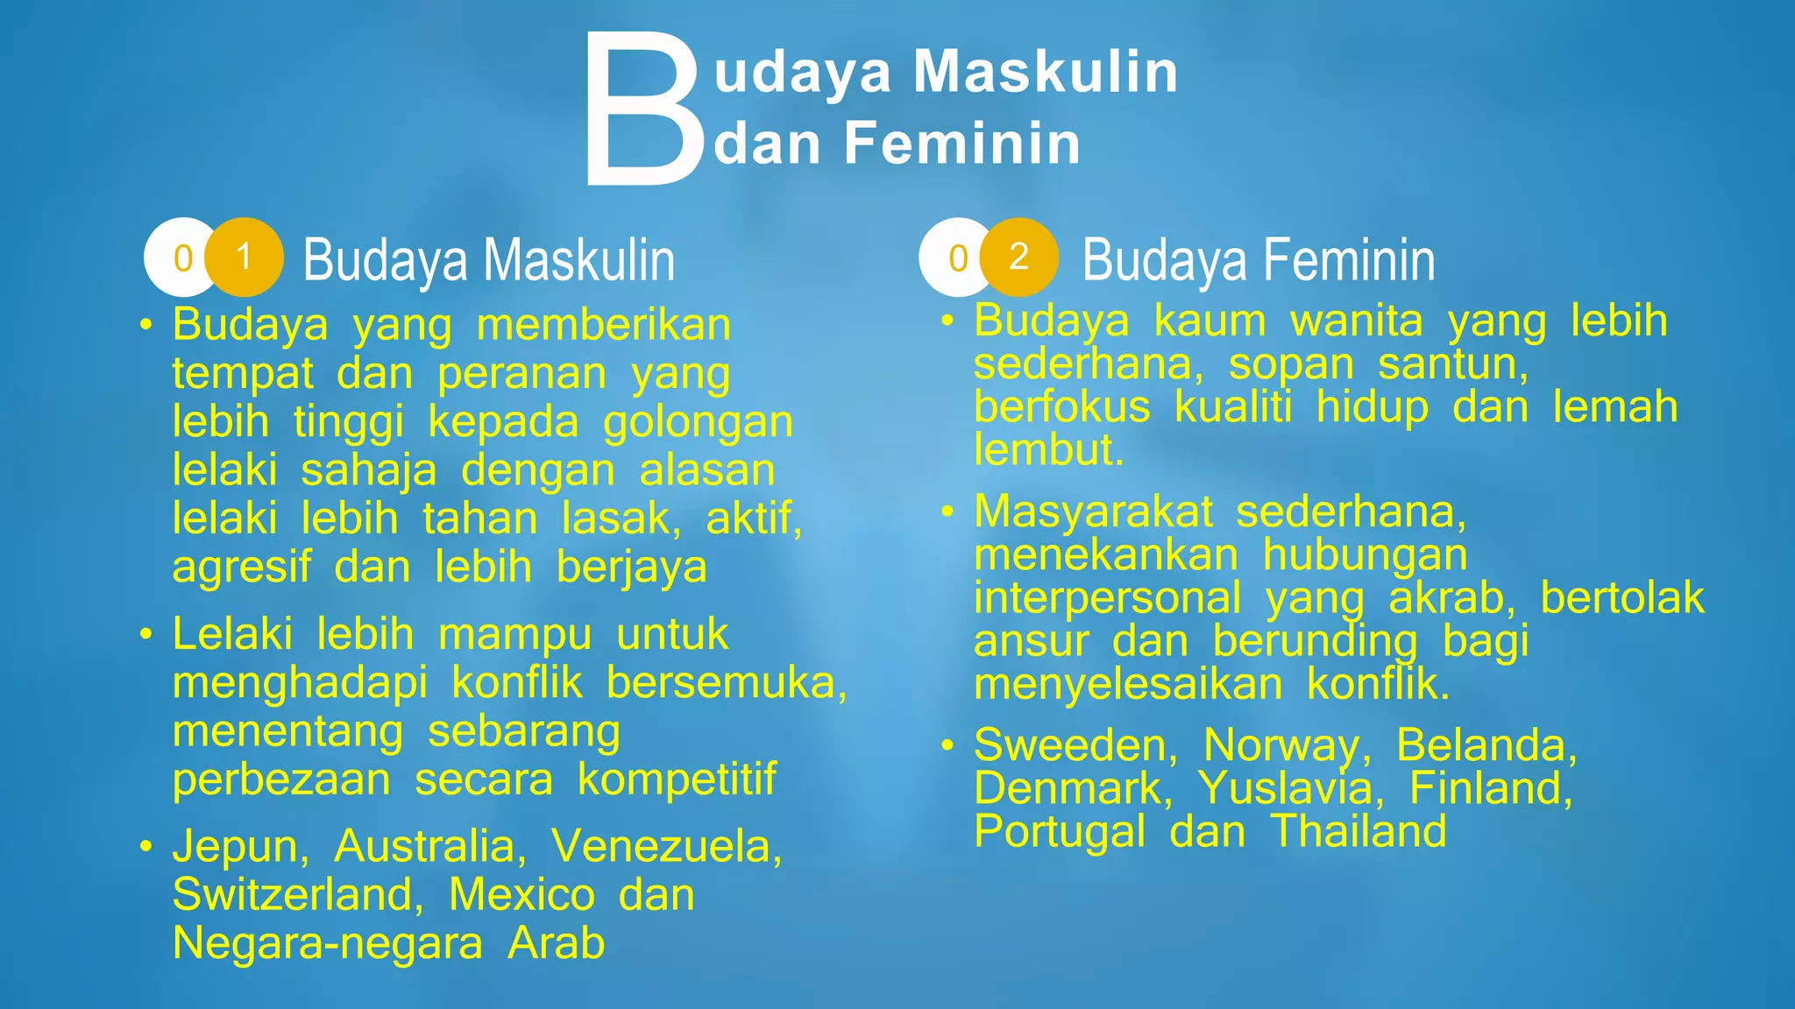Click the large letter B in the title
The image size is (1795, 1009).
pos(642,109)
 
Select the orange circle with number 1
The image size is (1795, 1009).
pos(245,257)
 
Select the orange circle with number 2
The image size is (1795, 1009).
pos(1018,257)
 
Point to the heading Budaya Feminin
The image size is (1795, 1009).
pos(1259,260)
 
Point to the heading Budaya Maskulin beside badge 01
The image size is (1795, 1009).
pos(488,260)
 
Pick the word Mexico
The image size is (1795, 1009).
pos(521,894)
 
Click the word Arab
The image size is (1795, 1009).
pos(557,943)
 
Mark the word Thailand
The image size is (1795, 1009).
pos(1359,830)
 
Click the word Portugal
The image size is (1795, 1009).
pos(1059,832)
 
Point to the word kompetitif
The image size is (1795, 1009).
pos(677,779)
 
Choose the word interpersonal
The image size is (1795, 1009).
pos(1107,598)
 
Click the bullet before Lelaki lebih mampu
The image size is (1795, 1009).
pos(146,634)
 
